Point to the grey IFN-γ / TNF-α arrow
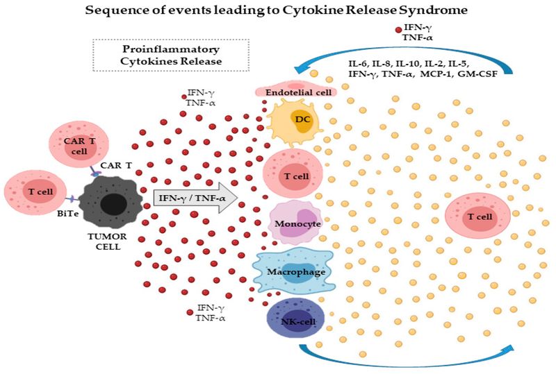pyautogui.click(x=195, y=199)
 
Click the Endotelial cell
pyautogui.click(x=296, y=91)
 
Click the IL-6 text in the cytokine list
pyautogui.click(x=359, y=63)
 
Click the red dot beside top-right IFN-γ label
pyautogui.click(x=398, y=30)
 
